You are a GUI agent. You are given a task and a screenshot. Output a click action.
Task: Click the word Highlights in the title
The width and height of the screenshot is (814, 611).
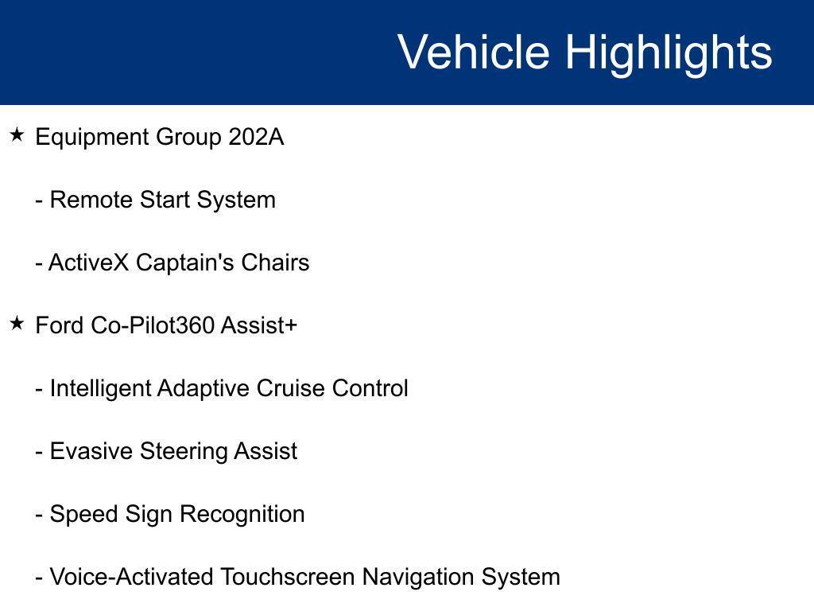click(669, 53)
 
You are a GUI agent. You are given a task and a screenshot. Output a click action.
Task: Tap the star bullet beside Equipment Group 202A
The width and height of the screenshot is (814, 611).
click(17, 136)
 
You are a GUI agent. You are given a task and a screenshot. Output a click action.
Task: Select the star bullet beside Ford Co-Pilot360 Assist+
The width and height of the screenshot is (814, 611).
click(17, 324)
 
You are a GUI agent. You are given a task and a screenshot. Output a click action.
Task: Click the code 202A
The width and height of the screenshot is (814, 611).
click(256, 137)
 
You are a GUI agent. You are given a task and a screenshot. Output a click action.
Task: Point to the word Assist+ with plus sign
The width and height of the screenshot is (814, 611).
click(258, 325)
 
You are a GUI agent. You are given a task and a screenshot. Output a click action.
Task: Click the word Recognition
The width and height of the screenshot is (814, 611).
click(241, 515)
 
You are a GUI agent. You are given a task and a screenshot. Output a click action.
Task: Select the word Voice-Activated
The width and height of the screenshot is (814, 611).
click(131, 576)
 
